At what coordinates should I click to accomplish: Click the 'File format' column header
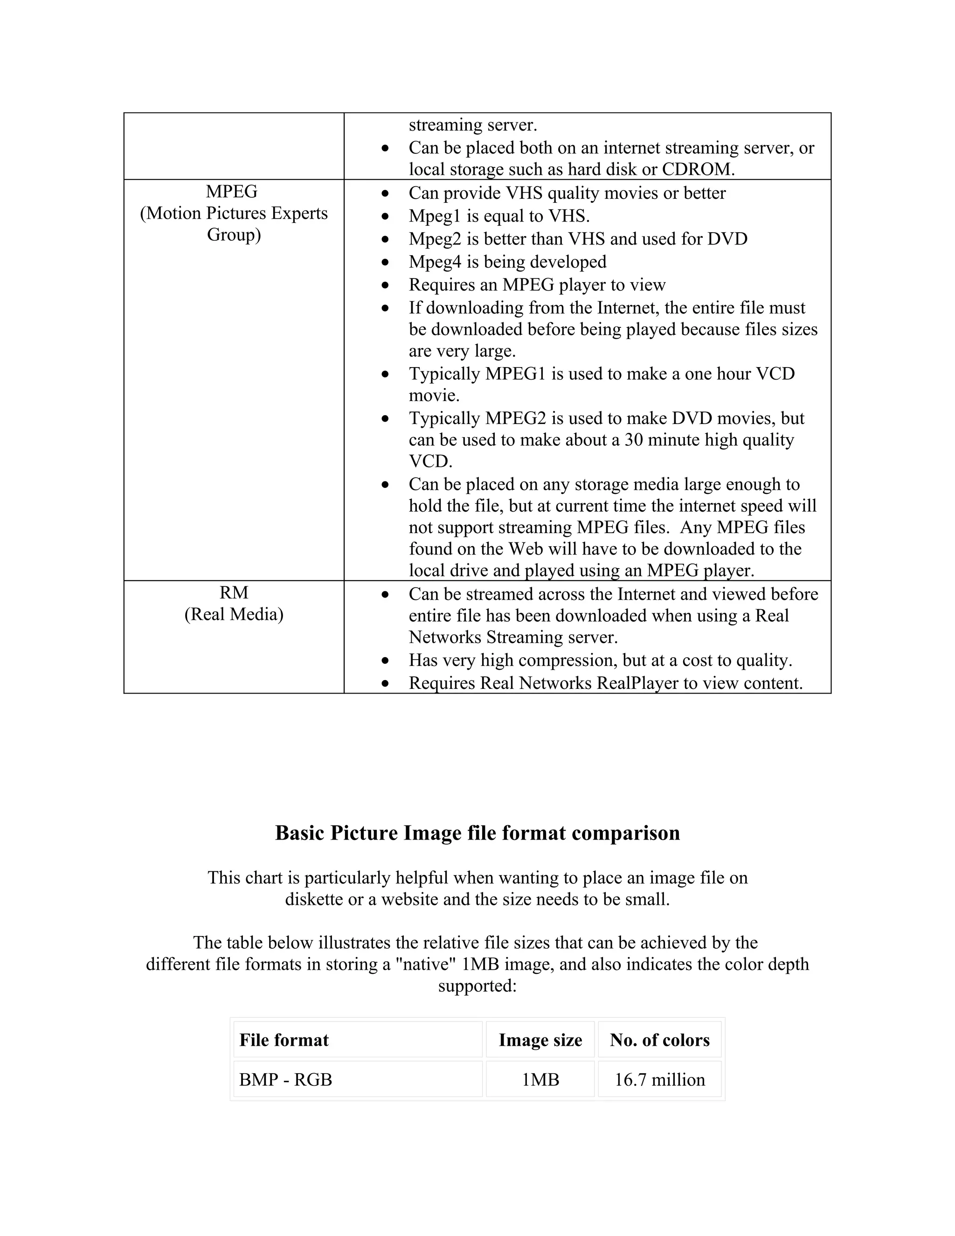pos(284,1040)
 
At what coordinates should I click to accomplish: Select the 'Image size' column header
pos(540,1040)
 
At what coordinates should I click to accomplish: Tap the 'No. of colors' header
pos(660,1040)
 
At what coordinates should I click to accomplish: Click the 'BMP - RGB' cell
pos(286,1080)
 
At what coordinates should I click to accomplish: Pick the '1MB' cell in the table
pos(540,1080)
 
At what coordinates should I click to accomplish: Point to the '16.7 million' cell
pos(660,1080)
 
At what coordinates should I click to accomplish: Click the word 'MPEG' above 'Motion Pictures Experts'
pos(231,192)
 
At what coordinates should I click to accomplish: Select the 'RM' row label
pos(234,592)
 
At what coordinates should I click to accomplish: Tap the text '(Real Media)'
pos(234,614)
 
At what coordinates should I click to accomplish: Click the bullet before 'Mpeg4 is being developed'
pos(385,263)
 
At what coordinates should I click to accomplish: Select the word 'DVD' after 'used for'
pos(727,239)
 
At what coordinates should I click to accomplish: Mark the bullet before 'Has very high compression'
pos(385,661)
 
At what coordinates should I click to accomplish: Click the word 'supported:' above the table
pos(477,986)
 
